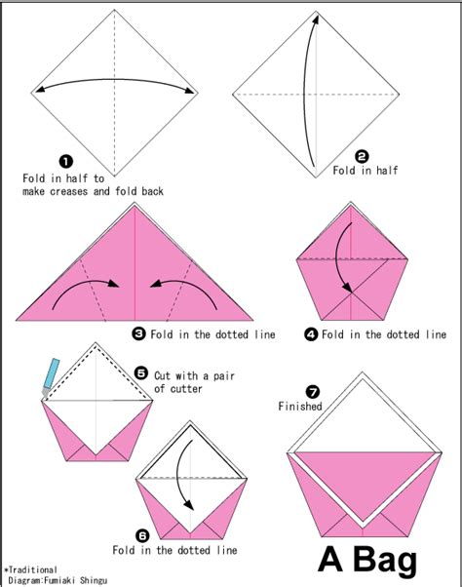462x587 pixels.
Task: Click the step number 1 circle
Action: tap(66, 162)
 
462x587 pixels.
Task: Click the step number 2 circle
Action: tap(362, 155)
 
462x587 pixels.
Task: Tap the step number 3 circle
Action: tap(139, 333)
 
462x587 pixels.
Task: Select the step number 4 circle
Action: tap(311, 333)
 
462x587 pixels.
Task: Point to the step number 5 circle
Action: tap(140, 372)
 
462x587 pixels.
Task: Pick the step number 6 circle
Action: tap(143, 535)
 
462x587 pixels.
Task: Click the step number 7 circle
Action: tap(313, 390)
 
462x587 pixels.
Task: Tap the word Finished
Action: tap(300, 406)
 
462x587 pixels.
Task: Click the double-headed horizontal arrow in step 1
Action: tap(115, 89)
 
